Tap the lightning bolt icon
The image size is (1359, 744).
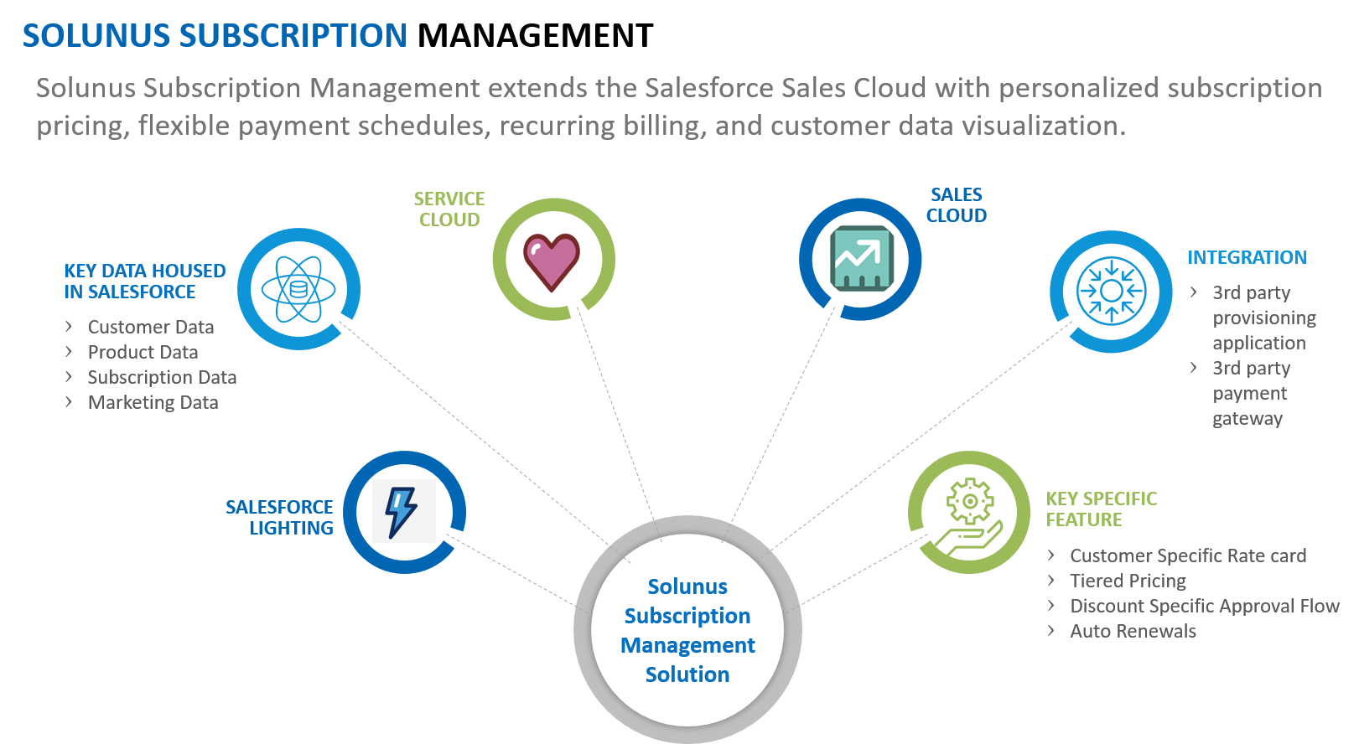pos(403,511)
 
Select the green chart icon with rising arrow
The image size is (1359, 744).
pos(860,259)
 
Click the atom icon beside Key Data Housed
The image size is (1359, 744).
pos(298,290)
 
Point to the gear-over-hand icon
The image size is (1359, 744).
pos(970,513)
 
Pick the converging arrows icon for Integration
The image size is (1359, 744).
pos(1111,292)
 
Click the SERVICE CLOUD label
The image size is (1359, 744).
pos(449,209)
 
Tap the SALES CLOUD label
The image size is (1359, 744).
pos(957,205)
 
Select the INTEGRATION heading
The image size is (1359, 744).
pos(1247,258)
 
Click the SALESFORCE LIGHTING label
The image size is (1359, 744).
pos(279,518)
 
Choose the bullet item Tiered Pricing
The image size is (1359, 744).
pos(1128,581)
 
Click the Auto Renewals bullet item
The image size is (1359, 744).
pos(1133,631)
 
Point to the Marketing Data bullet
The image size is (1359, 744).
pos(153,402)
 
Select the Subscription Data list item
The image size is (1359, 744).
pos(162,377)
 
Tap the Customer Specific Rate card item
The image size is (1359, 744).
pos(1188,555)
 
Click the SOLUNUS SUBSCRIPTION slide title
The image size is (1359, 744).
pos(215,36)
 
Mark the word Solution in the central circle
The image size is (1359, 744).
pos(687,674)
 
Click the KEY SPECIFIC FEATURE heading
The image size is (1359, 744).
pos(1101,509)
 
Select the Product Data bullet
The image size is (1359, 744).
pos(143,352)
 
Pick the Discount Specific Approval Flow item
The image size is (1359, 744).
pos(1204,606)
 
